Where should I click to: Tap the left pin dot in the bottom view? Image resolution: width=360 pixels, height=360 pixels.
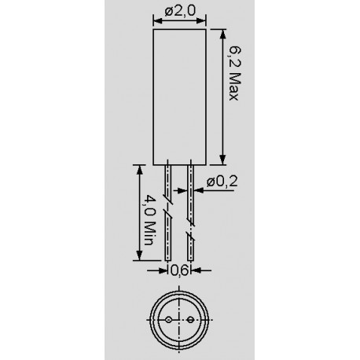pyautogui.click(x=169, y=320)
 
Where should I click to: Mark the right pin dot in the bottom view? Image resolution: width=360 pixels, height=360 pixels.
pyautogui.click(x=189, y=320)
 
